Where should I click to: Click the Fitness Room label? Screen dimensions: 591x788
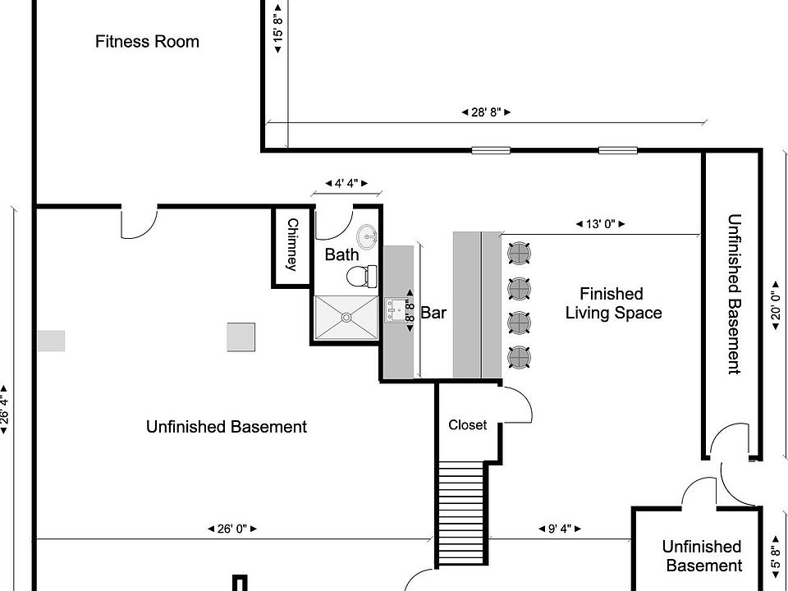[x=147, y=41]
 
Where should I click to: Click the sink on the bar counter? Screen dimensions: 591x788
[x=399, y=309]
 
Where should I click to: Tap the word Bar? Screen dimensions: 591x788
[x=433, y=313]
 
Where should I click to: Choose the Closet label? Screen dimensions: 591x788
[x=467, y=425]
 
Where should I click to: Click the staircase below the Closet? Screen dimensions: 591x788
[x=461, y=513]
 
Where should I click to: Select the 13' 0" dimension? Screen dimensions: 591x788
[x=599, y=223]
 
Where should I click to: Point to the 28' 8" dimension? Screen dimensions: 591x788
[x=486, y=112]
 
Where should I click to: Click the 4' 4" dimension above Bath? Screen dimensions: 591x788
[x=346, y=183]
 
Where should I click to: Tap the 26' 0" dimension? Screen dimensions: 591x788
[x=232, y=529]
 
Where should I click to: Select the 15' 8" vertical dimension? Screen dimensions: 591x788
[x=278, y=30]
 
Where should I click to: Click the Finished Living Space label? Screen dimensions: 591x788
[x=612, y=303]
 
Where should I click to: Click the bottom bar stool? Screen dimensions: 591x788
[x=519, y=357]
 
